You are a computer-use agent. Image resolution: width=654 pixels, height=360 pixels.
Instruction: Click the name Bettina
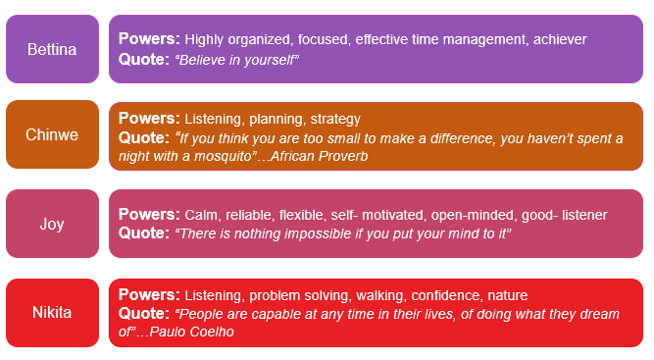pos(52,49)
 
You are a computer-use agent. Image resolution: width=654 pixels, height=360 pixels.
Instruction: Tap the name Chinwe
pos(52,134)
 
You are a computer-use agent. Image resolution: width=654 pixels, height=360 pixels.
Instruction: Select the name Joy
pos(52,224)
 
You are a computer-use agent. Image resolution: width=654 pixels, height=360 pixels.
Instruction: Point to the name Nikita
pos(52,312)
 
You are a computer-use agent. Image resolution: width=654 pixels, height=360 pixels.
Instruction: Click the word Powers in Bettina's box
pos(149,39)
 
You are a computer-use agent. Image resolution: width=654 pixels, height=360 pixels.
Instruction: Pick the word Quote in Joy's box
pos(144,232)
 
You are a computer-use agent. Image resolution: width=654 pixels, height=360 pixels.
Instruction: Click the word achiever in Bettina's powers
pos(560,39)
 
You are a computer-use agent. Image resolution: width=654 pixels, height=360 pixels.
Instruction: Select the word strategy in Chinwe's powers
pos(335,120)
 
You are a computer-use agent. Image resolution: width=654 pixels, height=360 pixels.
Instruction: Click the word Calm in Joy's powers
pos(201,215)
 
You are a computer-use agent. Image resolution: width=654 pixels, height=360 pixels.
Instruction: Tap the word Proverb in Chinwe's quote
pos(343,156)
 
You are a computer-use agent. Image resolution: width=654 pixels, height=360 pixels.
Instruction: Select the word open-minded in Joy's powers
pos(473,215)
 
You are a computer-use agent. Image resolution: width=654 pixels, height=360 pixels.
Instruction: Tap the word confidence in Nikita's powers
pos(446,295)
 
